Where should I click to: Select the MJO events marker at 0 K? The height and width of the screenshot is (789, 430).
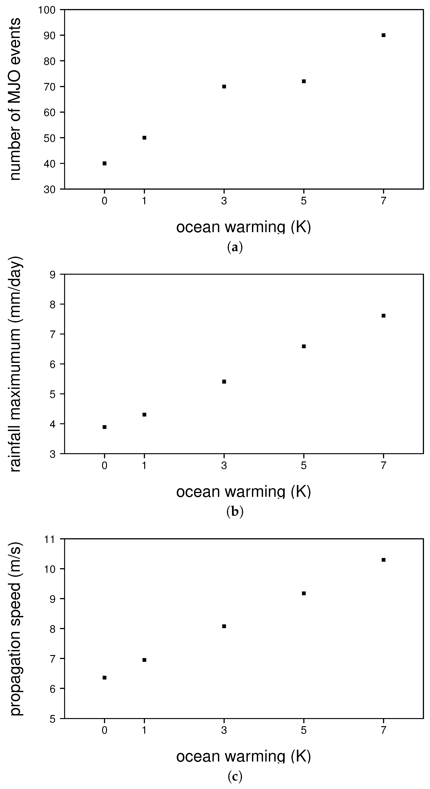(104, 163)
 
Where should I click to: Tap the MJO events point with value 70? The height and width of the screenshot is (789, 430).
(224, 86)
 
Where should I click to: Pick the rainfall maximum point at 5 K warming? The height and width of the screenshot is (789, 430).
(304, 346)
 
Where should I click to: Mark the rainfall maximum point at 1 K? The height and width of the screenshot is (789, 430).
(144, 415)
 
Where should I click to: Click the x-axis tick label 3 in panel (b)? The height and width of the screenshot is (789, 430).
(224, 466)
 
